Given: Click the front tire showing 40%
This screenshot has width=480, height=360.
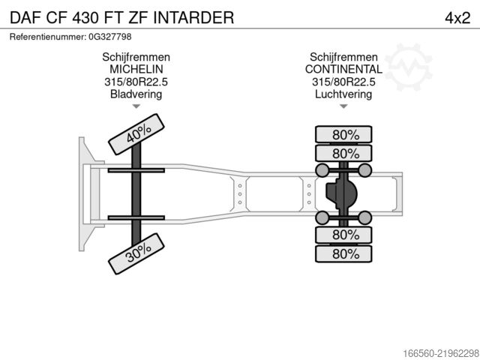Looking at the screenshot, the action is pyautogui.click(x=136, y=134).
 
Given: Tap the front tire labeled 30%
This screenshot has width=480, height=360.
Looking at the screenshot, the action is pyautogui.click(x=136, y=253).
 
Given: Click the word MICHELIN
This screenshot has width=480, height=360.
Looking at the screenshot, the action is pyautogui.click(x=136, y=70).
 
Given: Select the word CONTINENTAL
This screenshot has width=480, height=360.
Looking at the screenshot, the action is pyautogui.click(x=343, y=70).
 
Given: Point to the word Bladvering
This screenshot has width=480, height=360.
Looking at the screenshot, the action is pyautogui.click(x=136, y=94).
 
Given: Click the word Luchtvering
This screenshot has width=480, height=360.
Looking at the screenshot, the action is pyautogui.click(x=343, y=94).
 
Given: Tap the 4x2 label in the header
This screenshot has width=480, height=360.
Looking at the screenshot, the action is pyautogui.click(x=457, y=18).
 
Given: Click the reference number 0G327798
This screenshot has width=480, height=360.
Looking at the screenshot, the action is pyautogui.click(x=110, y=37).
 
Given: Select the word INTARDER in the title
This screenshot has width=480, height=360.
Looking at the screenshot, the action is pyautogui.click(x=193, y=18).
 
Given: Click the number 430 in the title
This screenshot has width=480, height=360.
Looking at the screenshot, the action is pyautogui.click(x=85, y=18).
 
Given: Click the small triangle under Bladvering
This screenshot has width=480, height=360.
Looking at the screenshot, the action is pyautogui.click(x=136, y=106).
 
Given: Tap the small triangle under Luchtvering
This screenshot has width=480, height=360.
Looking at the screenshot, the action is pyautogui.click(x=343, y=106).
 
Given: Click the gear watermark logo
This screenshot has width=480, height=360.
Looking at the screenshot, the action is pyautogui.click(x=408, y=67).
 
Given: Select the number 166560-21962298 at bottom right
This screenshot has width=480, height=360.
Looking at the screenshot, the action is pyautogui.click(x=441, y=353).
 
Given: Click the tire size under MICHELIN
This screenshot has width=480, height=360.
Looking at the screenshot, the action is pyautogui.click(x=136, y=82).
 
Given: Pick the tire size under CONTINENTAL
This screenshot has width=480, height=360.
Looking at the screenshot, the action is pyautogui.click(x=343, y=82).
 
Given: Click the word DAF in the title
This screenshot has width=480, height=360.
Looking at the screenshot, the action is pyautogui.click(x=25, y=18).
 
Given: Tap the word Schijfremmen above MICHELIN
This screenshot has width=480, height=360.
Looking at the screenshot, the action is pyautogui.click(x=136, y=57).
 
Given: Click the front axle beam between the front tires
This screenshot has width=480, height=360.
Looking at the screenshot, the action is pyautogui.click(x=136, y=194).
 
